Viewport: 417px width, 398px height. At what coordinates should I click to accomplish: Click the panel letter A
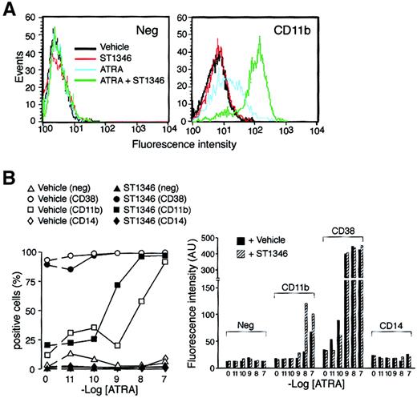(10, 10)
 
